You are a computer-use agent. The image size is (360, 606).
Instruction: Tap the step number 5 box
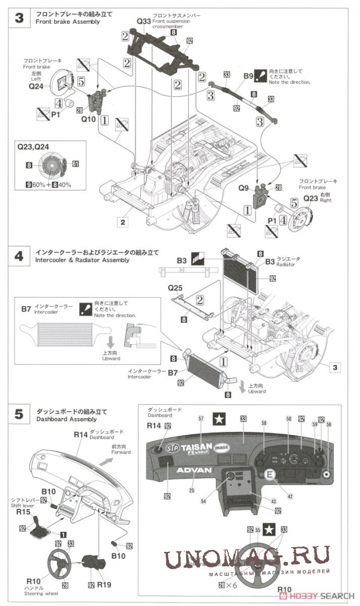tap(18, 415)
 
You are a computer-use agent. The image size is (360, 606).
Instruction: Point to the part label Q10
tap(88, 118)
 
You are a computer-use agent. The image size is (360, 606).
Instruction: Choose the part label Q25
tap(175, 288)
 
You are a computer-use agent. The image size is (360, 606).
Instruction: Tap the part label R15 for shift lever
tap(23, 511)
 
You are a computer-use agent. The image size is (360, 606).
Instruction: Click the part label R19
tap(105, 584)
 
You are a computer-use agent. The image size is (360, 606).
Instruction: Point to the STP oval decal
tap(172, 447)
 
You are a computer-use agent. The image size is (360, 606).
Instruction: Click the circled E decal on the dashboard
tap(270, 475)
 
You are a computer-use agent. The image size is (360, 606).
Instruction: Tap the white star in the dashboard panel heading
tap(219, 419)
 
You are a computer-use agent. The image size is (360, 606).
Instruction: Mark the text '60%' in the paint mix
tap(39, 185)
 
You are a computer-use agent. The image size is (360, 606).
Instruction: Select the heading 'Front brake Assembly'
tap(67, 21)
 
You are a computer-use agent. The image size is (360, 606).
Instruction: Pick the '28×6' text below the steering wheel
tap(227, 585)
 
